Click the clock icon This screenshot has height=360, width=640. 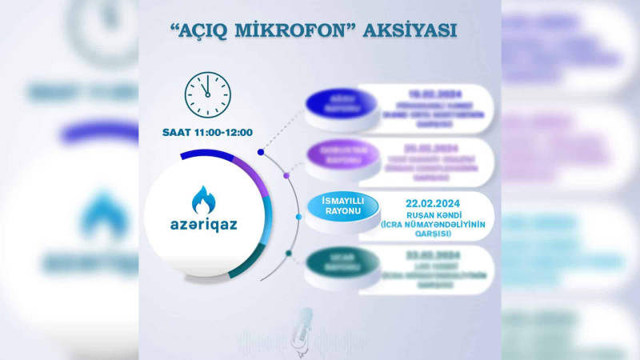207,95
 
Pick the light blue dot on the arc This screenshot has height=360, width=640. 298,216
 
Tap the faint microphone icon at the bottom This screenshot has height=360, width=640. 304,328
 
